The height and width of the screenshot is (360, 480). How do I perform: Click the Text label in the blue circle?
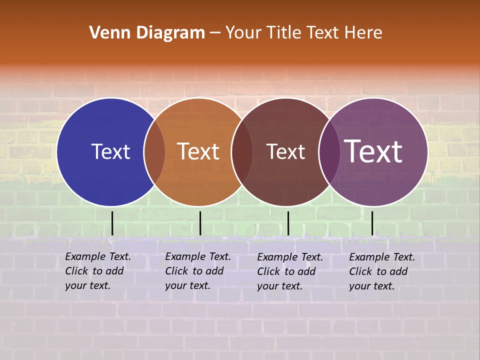(x=110, y=151)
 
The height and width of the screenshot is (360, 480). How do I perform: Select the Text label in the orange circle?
(x=198, y=151)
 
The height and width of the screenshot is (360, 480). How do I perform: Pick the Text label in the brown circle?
(x=285, y=151)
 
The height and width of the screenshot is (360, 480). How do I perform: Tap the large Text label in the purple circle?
(x=373, y=151)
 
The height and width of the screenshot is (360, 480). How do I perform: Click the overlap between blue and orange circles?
(x=154, y=152)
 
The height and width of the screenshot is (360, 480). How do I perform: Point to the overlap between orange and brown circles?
(x=242, y=152)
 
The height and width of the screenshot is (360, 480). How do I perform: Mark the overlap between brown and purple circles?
(x=329, y=152)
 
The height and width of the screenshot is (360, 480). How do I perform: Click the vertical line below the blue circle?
(x=112, y=223)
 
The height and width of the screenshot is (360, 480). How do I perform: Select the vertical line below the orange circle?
(x=200, y=223)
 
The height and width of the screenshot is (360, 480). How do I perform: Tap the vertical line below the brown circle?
(x=288, y=223)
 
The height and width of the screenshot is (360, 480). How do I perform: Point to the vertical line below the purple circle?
(x=372, y=223)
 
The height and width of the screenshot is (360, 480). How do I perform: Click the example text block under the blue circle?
(x=98, y=271)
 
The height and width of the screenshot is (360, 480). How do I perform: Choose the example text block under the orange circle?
(x=198, y=271)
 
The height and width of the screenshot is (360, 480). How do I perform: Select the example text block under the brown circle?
(x=290, y=271)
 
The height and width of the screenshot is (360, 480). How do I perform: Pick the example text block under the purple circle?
(x=382, y=271)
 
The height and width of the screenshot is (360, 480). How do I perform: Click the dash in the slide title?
(x=215, y=33)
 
